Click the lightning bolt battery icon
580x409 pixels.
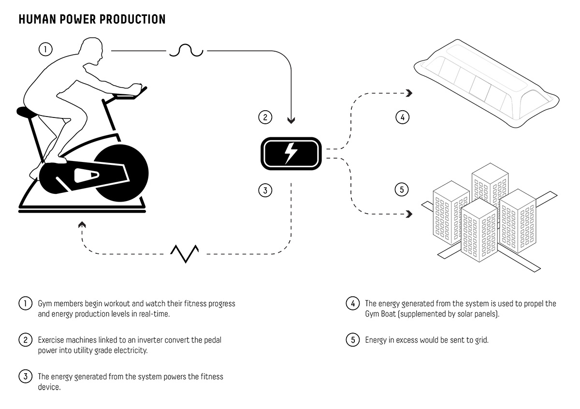click(291, 153)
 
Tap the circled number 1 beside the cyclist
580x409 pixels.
click(45, 49)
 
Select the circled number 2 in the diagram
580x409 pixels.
click(265, 117)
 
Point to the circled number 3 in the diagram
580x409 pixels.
click(265, 190)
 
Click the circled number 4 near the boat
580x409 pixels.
click(402, 117)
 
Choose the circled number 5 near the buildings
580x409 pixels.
click(402, 190)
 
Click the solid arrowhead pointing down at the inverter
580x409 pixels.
click(291, 119)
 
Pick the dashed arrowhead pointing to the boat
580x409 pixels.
click(409, 93)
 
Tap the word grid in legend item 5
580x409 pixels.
click(481, 340)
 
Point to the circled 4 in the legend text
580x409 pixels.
click(353, 304)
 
